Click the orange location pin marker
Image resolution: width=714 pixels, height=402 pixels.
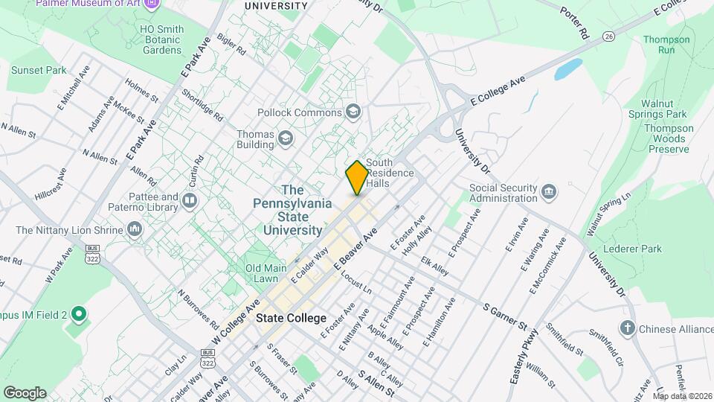point(357,177)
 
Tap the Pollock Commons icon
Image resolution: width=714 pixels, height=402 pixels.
point(353,112)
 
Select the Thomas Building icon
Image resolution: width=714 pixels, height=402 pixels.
point(285,138)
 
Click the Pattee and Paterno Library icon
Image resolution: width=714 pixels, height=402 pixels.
point(190,201)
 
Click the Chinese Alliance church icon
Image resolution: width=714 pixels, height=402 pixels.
point(628,328)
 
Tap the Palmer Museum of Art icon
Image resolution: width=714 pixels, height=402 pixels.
point(152,4)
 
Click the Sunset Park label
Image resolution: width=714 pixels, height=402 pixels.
point(39,71)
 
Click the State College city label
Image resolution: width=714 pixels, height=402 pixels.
point(291,318)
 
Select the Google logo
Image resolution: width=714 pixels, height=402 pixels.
point(25,392)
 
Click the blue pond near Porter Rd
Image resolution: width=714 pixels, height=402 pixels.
point(567,70)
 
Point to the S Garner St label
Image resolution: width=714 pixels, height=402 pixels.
point(504,316)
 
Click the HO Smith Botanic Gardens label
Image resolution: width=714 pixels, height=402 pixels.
point(161,40)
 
